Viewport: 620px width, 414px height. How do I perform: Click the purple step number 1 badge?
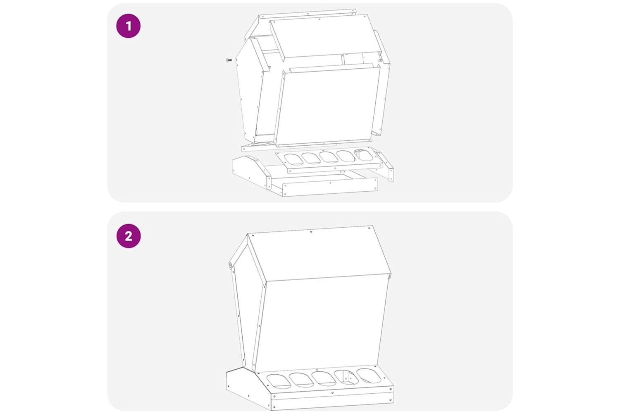click(x=129, y=26)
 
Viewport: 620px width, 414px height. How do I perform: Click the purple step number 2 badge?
click(x=129, y=236)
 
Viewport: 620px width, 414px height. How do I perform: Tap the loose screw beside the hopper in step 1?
click(x=229, y=60)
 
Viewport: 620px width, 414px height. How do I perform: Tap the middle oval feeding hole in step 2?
click(x=324, y=379)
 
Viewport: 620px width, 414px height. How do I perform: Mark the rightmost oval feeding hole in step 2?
click(x=369, y=376)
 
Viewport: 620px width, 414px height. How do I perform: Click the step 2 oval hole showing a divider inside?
click(x=346, y=378)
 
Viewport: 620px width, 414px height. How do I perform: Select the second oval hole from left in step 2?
click(x=301, y=380)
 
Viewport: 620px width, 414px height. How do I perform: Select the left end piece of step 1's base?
click(x=251, y=172)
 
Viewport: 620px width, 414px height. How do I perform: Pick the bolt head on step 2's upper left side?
click(x=230, y=265)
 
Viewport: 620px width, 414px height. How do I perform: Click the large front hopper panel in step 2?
click(x=321, y=323)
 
